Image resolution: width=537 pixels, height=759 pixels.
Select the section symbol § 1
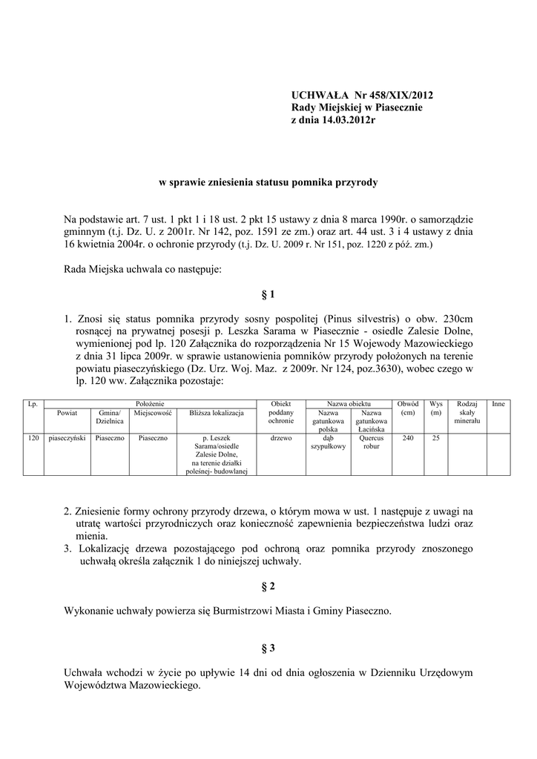click(x=268, y=294)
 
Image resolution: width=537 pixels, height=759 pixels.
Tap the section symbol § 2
click(x=268, y=586)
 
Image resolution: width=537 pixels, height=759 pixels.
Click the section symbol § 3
click(x=268, y=648)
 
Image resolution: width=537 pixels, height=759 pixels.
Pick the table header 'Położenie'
click(x=149, y=403)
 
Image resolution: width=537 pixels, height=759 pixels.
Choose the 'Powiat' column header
click(x=67, y=413)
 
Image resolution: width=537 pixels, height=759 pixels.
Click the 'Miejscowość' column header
click(x=153, y=413)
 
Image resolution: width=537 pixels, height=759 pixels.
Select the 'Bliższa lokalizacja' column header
click(x=217, y=413)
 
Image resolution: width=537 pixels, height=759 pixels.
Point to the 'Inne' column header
click(x=498, y=403)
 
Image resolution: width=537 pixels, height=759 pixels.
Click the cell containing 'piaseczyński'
click(x=67, y=438)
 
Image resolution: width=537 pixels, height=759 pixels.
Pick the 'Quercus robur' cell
click(x=371, y=443)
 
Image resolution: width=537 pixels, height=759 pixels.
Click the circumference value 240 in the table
click(x=408, y=438)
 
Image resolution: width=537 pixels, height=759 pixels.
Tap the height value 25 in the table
click(x=436, y=438)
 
